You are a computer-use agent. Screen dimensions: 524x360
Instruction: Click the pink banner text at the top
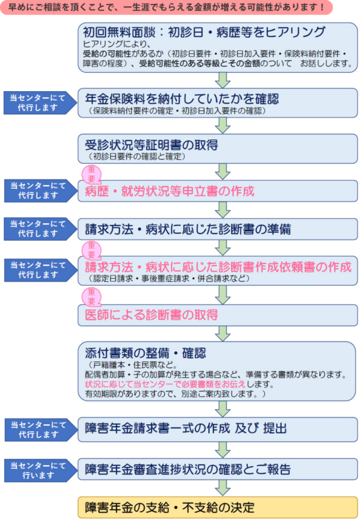[x=166, y=8]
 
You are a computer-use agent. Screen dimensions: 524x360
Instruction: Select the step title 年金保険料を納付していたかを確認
[x=182, y=99]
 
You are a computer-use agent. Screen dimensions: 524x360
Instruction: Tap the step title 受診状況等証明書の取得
[x=151, y=145]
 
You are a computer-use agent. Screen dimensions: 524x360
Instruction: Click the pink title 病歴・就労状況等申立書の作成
[x=169, y=191]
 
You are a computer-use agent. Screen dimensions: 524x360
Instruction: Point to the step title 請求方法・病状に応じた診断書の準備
[x=188, y=229]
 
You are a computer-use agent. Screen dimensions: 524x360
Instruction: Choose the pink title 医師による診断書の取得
[x=151, y=314]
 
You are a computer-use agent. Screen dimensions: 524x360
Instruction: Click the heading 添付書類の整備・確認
[x=145, y=353]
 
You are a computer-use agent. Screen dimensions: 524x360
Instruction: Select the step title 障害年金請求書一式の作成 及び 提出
[x=186, y=428]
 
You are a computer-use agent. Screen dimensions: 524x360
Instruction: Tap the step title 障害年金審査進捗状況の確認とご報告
[x=188, y=469]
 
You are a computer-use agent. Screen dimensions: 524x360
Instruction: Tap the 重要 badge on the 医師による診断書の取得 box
[x=92, y=297]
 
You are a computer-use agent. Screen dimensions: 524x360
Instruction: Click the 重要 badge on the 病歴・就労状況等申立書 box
[x=92, y=174]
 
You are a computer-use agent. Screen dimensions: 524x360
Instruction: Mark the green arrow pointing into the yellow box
[x=222, y=487]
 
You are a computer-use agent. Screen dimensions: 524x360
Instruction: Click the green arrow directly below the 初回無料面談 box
[x=222, y=80]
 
